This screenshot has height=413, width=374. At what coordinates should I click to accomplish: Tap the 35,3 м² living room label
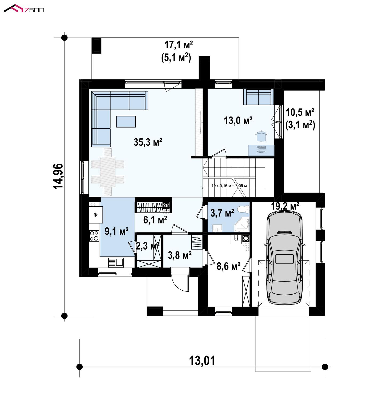[x=148, y=142]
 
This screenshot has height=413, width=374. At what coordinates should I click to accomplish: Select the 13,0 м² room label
[x=238, y=121]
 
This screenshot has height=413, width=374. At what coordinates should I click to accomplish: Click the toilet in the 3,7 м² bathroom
[x=243, y=209]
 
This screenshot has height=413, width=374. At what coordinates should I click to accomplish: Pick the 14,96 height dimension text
[x=58, y=176]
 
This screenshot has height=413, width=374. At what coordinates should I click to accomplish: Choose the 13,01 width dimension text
[x=202, y=361]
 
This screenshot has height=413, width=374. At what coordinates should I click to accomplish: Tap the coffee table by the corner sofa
[x=126, y=121]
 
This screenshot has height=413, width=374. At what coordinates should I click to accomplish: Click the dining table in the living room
[x=108, y=172]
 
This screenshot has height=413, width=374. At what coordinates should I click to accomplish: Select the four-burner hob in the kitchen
[x=94, y=236]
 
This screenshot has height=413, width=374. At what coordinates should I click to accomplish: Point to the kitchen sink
[x=116, y=262]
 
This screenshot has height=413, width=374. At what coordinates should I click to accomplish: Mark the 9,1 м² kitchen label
[x=116, y=231]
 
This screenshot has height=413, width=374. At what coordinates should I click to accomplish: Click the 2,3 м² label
[x=148, y=246]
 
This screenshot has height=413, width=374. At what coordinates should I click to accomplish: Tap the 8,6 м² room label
[x=228, y=266]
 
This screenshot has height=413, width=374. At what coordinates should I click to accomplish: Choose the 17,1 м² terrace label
[x=178, y=45]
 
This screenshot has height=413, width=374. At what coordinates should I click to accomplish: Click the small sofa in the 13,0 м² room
[x=259, y=97]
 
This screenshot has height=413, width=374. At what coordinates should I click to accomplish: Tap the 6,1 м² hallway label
[x=155, y=220]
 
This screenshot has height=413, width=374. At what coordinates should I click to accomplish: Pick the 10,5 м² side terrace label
[x=300, y=113]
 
